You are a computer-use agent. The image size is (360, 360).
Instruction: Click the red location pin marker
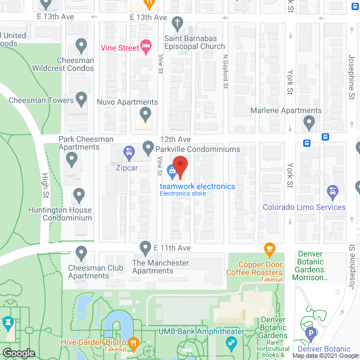180,166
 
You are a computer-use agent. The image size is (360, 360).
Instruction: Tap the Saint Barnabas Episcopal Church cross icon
178,24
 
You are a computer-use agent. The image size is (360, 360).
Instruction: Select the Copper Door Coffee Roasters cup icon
269,248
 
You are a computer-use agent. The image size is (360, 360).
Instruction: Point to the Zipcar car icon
129,152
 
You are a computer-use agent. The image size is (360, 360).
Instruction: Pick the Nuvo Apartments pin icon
146,116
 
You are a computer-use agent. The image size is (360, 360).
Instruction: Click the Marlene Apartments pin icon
308,121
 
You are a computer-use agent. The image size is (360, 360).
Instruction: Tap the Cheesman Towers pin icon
82,100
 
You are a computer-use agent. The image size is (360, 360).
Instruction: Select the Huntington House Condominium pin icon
79,195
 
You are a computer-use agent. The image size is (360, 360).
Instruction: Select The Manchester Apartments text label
160,267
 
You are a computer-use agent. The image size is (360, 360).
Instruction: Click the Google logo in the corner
18,353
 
